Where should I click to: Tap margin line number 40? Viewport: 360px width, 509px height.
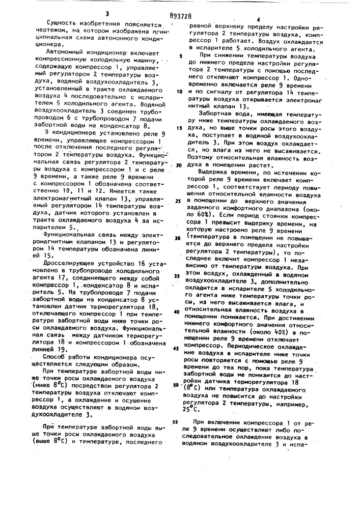176,311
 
